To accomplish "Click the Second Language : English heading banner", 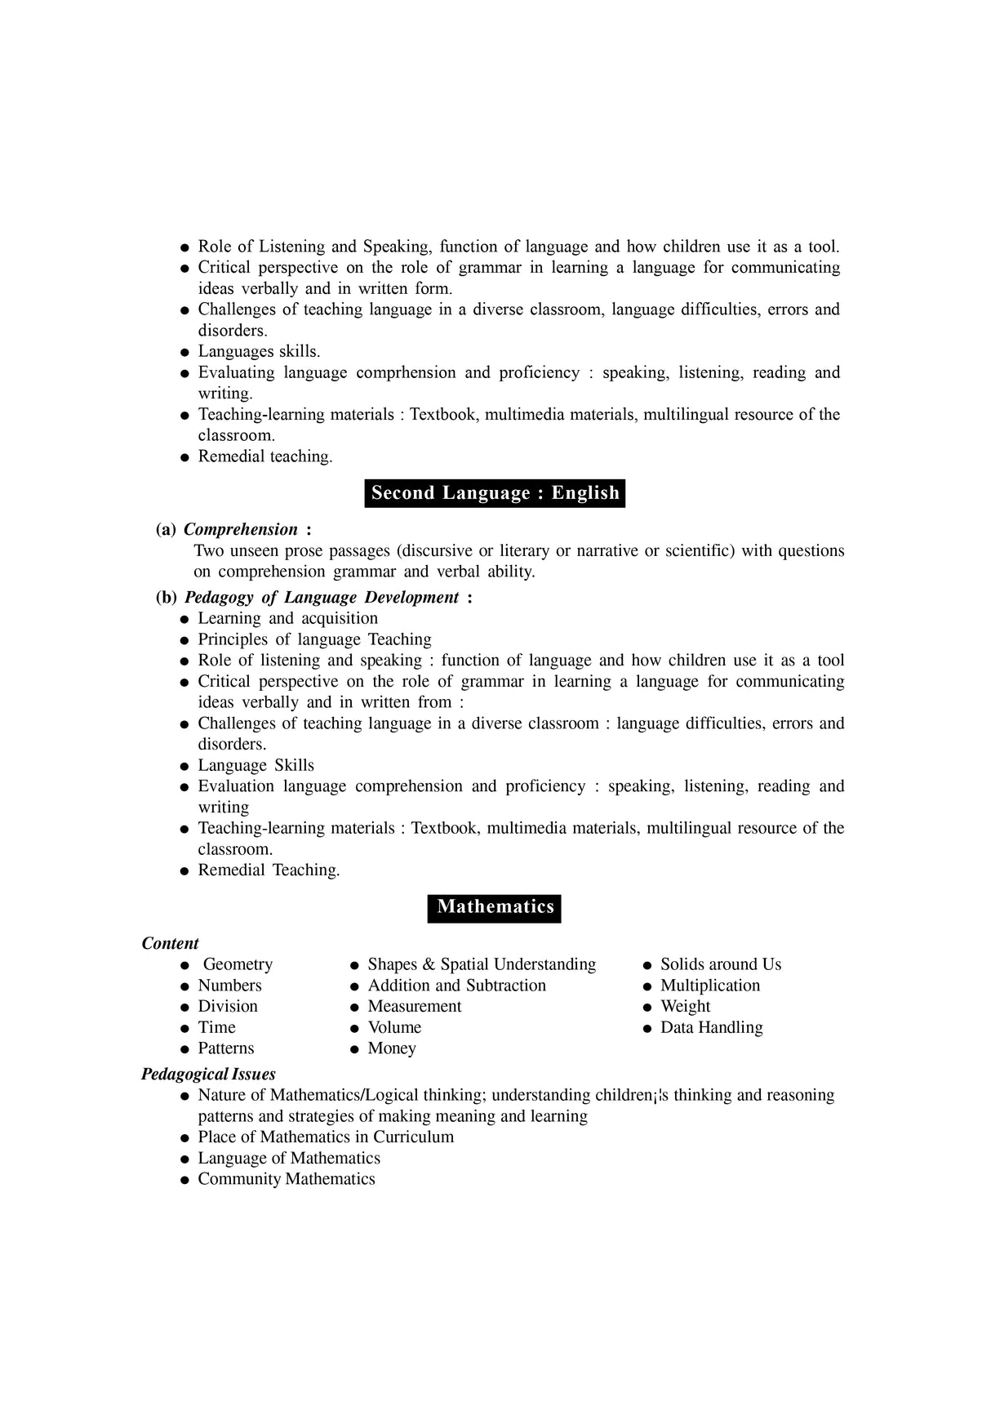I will tap(495, 493).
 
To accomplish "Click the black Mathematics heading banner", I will tap(495, 907).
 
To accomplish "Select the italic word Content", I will tap(170, 944).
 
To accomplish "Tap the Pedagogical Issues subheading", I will tap(208, 1075).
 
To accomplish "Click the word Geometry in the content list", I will tap(238, 964).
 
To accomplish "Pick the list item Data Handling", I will tap(711, 1028).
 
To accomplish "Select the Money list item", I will tap(392, 1048).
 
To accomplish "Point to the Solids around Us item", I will tap(720, 964).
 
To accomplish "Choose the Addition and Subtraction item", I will tap(456, 986).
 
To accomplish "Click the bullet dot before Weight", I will tap(647, 1008).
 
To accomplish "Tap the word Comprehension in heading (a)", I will tap(241, 530).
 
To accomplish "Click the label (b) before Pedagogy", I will tap(166, 598).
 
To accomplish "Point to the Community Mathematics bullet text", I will tap(287, 1179).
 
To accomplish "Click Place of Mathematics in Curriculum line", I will tap(326, 1137).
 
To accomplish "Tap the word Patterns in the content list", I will tap(226, 1048).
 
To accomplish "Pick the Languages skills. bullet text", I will tap(259, 352).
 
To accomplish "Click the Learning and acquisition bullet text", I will tap(287, 619).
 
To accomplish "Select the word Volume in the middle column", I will tap(394, 1028).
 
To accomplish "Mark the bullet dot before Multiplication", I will tap(647, 986).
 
